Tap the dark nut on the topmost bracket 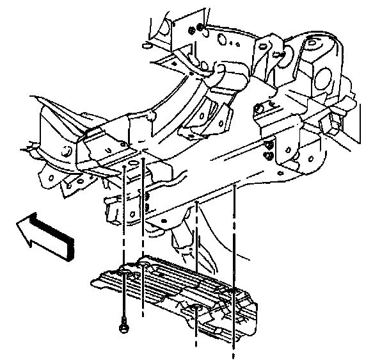tap(200, 28)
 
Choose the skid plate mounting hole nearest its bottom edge tap(194, 312)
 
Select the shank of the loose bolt tap(122, 307)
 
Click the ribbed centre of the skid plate tap(173, 282)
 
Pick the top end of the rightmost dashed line tap(235, 186)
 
